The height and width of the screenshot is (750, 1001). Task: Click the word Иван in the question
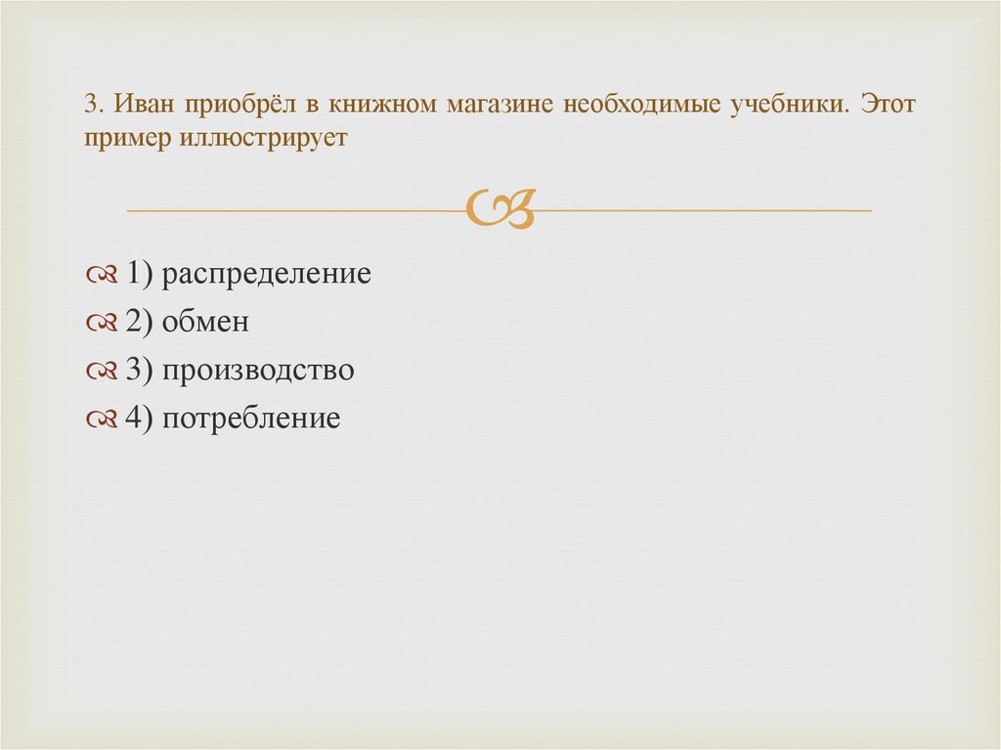(x=139, y=105)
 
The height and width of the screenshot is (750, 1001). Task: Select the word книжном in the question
(x=383, y=105)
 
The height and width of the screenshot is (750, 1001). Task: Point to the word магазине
(x=499, y=105)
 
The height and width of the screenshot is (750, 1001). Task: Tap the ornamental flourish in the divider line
(x=500, y=207)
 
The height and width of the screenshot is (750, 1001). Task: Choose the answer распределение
(x=267, y=275)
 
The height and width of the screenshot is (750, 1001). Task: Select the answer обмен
(x=206, y=322)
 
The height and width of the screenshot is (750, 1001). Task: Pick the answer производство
(x=258, y=371)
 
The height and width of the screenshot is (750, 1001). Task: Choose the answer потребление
(x=251, y=419)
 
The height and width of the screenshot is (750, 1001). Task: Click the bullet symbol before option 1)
(x=102, y=275)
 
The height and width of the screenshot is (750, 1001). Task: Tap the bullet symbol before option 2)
(x=102, y=323)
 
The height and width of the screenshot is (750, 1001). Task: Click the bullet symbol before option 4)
(x=102, y=419)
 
